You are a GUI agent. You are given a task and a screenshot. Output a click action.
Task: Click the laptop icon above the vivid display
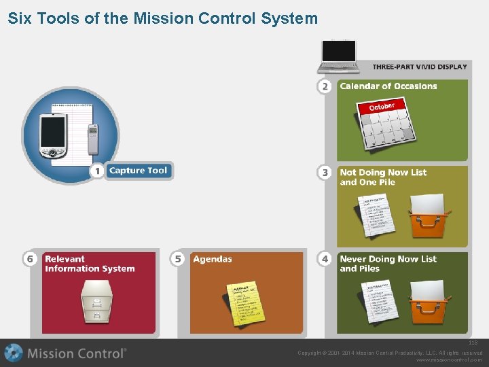[x=339, y=56]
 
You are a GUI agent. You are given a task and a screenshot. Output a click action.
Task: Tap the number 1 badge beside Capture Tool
[x=98, y=171]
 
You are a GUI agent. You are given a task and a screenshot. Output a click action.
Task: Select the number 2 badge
[x=325, y=86]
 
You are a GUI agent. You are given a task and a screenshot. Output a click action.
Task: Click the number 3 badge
[x=325, y=173]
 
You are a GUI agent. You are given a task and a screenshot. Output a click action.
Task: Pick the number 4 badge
[x=325, y=259]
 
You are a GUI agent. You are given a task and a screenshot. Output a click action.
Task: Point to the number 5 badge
[x=178, y=259]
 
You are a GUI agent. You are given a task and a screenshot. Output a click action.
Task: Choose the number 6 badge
[x=30, y=259]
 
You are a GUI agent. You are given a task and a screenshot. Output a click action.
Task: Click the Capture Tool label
[x=139, y=171]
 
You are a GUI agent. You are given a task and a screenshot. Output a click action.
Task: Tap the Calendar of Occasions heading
[x=388, y=86]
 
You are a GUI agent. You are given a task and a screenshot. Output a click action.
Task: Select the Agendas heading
[x=212, y=259]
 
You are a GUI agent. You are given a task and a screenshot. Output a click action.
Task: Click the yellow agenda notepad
[x=243, y=302]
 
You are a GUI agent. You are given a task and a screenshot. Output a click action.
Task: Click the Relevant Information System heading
[x=90, y=264]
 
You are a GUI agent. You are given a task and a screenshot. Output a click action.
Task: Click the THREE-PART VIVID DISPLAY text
[x=420, y=67]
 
